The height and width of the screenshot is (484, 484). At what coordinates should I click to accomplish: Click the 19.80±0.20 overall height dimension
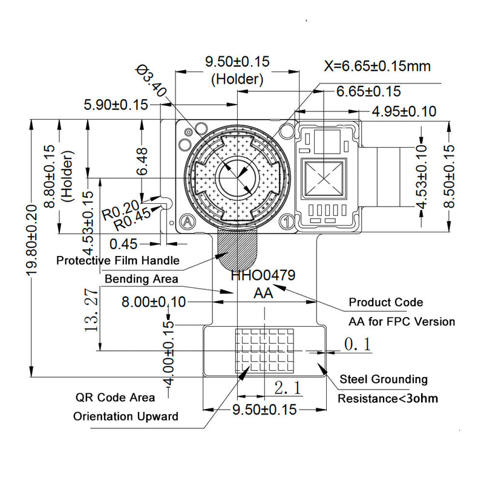coord(32,248)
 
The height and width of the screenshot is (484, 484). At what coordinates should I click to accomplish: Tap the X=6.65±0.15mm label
coord(378,66)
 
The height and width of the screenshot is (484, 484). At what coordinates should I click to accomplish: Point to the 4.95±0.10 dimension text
coord(404,111)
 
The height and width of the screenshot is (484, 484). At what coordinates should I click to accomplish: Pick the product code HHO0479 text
coord(263,275)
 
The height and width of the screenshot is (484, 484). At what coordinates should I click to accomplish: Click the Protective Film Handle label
coord(117,261)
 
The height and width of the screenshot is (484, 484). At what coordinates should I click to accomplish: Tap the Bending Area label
coord(142,279)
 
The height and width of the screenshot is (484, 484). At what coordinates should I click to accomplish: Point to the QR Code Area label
coord(115,397)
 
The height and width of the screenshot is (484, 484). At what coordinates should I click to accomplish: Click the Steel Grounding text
coord(383,379)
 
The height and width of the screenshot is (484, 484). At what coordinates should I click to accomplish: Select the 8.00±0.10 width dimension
coord(154,302)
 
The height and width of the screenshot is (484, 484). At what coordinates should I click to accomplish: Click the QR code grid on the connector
coord(264,350)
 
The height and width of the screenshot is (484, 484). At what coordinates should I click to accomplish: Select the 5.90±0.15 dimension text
coord(116,105)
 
